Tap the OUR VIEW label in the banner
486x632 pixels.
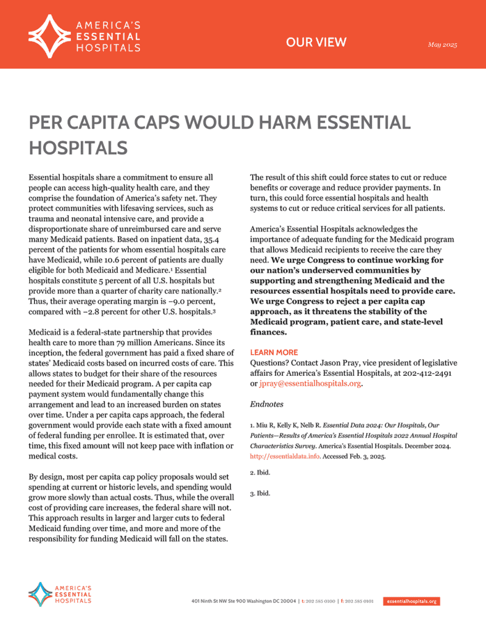point(316,43)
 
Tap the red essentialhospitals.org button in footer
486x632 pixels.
point(411,601)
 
